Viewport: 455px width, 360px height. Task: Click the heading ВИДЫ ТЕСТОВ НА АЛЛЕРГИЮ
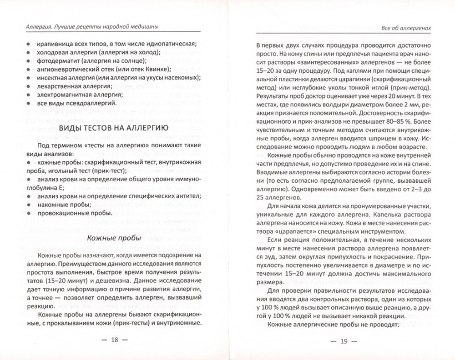pyautogui.click(x=114, y=129)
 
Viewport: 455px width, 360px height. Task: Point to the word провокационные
pyautogui.click(x=64, y=213)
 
